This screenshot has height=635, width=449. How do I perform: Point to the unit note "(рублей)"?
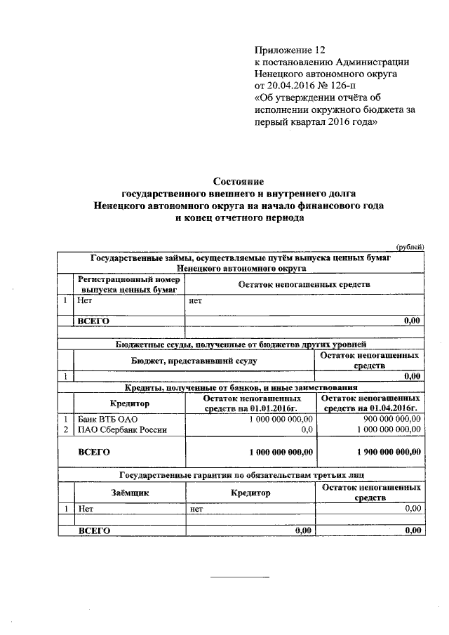[x=410, y=246]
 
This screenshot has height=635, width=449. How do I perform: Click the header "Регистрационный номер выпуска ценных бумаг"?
[x=129, y=283]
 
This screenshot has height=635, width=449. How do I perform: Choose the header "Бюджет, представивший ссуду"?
[x=194, y=361]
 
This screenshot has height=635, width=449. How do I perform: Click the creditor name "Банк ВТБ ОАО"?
[x=104, y=419]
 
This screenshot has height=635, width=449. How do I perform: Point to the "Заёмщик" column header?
[x=130, y=493]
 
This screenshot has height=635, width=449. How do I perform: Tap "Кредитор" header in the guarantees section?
[x=250, y=493]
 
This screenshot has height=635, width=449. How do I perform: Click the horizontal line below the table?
[x=241, y=577]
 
